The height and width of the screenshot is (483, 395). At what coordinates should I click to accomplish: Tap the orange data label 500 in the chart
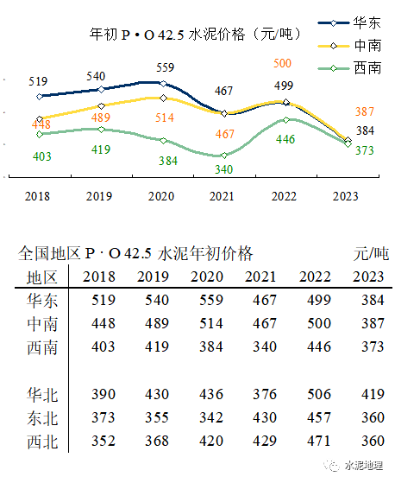[x=282, y=63]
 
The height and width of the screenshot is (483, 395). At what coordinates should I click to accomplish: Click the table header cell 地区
[x=41, y=276]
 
